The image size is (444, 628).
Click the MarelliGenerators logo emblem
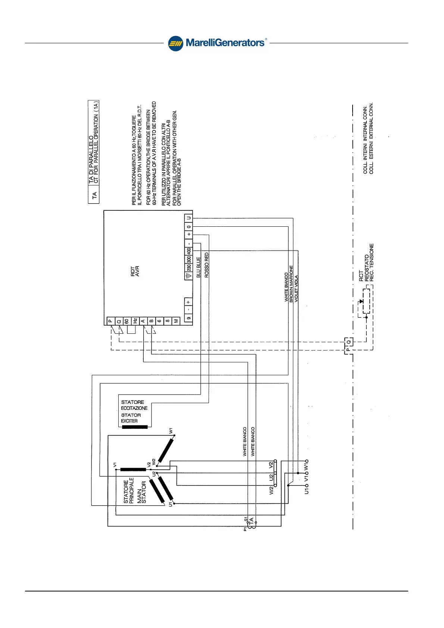[x=175, y=43]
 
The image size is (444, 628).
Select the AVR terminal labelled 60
[x=127, y=321]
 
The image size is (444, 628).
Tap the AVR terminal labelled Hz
[x=135, y=321]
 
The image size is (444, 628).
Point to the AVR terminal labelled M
[x=176, y=321]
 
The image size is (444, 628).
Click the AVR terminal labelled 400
[x=189, y=251]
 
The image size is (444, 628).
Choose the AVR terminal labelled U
[x=189, y=218]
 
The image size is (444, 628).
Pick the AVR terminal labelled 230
[x=189, y=268]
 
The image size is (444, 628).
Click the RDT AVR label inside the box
[x=135, y=271]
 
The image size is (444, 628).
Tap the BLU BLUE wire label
[x=198, y=267]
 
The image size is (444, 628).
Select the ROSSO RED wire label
[x=207, y=265]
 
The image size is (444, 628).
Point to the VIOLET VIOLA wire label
[x=297, y=289]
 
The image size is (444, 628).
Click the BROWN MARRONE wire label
[x=291, y=284]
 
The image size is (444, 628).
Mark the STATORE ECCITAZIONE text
[x=134, y=405]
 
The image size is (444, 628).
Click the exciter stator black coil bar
[x=135, y=427]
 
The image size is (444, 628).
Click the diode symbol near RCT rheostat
[x=361, y=301]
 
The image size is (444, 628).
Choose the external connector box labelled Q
[x=349, y=342]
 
